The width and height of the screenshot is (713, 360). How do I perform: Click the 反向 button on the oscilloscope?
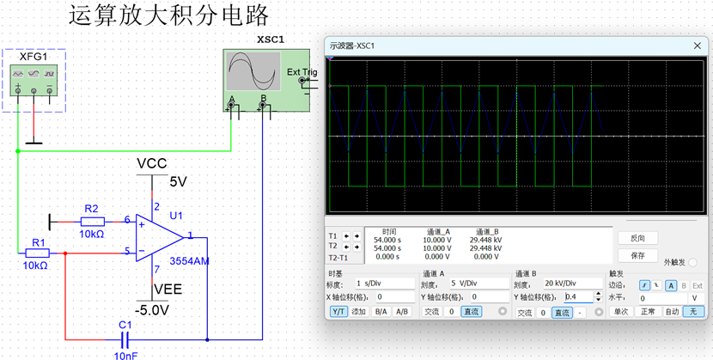pyautogui.click(x=637, y=238)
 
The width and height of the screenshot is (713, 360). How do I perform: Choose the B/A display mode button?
pyautogui.click(x=380, y=312)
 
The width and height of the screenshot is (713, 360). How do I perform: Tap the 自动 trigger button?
pyautogui.click(x=673, y=312)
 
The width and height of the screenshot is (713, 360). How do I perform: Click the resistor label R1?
pyautogui.click(x=36, y=242)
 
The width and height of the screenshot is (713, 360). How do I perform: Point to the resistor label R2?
pyautogui.click(x=91, y=209)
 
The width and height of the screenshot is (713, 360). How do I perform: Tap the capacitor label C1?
pyautogui.click(x=125, y=325)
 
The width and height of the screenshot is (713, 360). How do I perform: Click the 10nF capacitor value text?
pyautogui.click(x=125, y=354)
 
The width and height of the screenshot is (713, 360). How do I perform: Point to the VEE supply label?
pyautogui.click(x=167, y=290)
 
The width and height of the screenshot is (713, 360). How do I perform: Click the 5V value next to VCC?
pyautogui.click(x=178, y=182)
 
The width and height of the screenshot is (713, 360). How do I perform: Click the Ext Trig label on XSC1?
pyautogui.click(x=302, y=72)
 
